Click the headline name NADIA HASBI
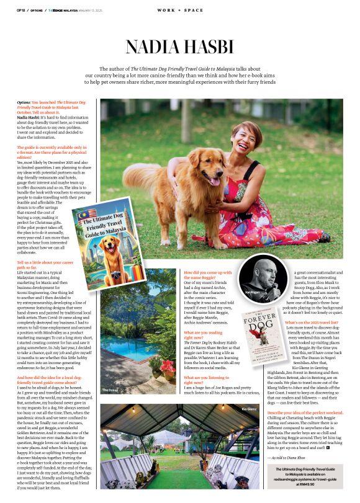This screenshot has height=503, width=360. click(x=179, y=47)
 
